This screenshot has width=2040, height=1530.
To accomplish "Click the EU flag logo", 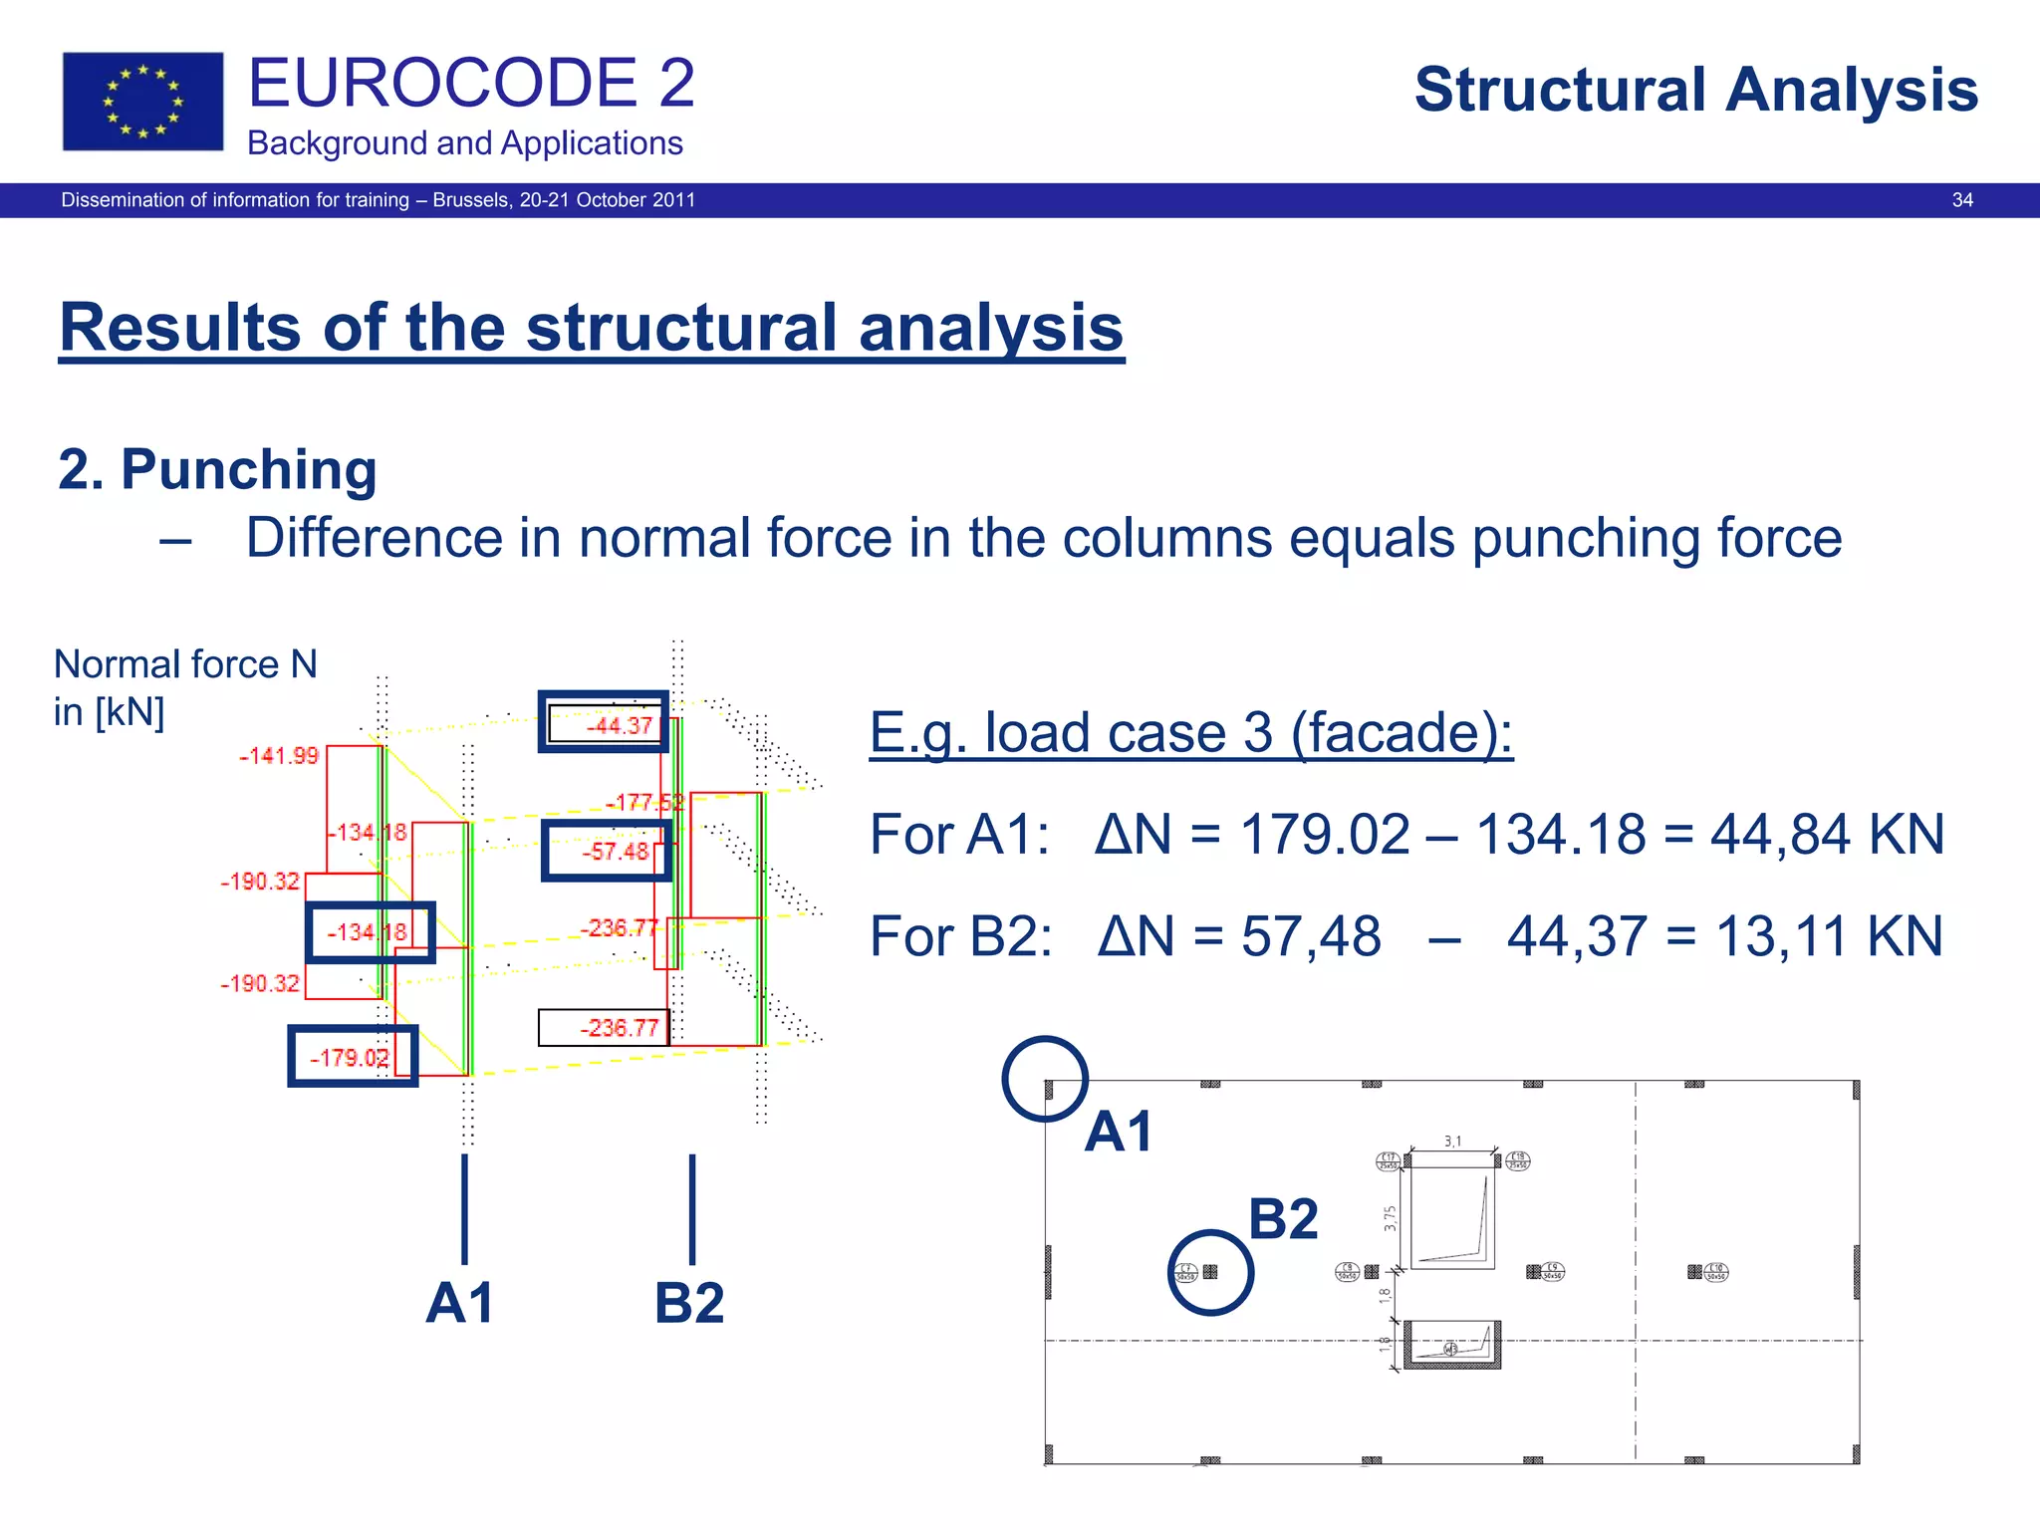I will [142, 102].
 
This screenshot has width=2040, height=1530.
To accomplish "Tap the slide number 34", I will [1961, 200].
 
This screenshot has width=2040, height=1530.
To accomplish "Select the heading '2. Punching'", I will [217, 469].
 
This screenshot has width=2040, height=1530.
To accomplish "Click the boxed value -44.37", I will [604, 722].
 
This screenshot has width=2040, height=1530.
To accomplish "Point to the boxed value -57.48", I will [607, 851].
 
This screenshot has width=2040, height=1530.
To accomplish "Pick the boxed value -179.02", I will [353, 1056].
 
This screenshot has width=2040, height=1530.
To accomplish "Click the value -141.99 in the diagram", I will [279, 756].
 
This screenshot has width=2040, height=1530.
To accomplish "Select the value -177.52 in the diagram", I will [644, 802].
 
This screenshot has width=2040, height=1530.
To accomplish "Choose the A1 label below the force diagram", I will [460, 1302].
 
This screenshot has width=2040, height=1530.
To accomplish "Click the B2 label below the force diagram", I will [689, 1302].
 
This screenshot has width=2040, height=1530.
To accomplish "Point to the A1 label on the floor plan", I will [1119, 1132].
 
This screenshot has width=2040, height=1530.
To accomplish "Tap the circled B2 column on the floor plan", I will [1210, 1272].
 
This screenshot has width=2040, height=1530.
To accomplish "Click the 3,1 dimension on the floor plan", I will [1452, 1142].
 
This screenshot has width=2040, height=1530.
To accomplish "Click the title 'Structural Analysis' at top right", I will [1695, 90].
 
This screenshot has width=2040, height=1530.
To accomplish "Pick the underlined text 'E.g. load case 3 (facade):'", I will [1190, 733].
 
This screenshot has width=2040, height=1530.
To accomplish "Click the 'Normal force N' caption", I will [185, 664].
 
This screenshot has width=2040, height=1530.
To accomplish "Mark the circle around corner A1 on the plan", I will [1045, 1079].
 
